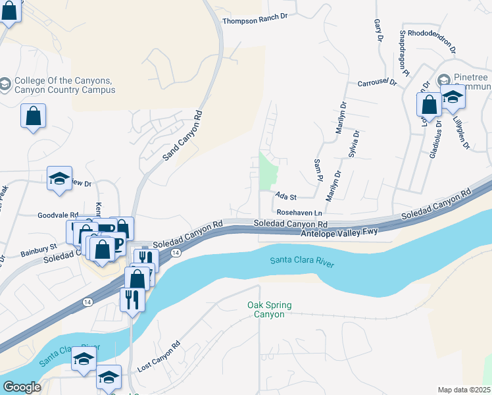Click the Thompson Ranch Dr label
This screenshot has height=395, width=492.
[x=255, y=21]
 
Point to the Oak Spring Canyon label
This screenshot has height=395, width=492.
[x=269, y=309]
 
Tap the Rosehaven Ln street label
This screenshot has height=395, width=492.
[x=299, y=213]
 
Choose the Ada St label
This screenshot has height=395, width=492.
[x=286, y=196]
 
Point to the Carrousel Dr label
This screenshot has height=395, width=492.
[x=378, y=83]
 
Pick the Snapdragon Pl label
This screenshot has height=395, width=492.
[x=403, y=53]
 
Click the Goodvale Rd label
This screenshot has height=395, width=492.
[x=58, y=215]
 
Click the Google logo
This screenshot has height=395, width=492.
[x=22, y=387]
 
